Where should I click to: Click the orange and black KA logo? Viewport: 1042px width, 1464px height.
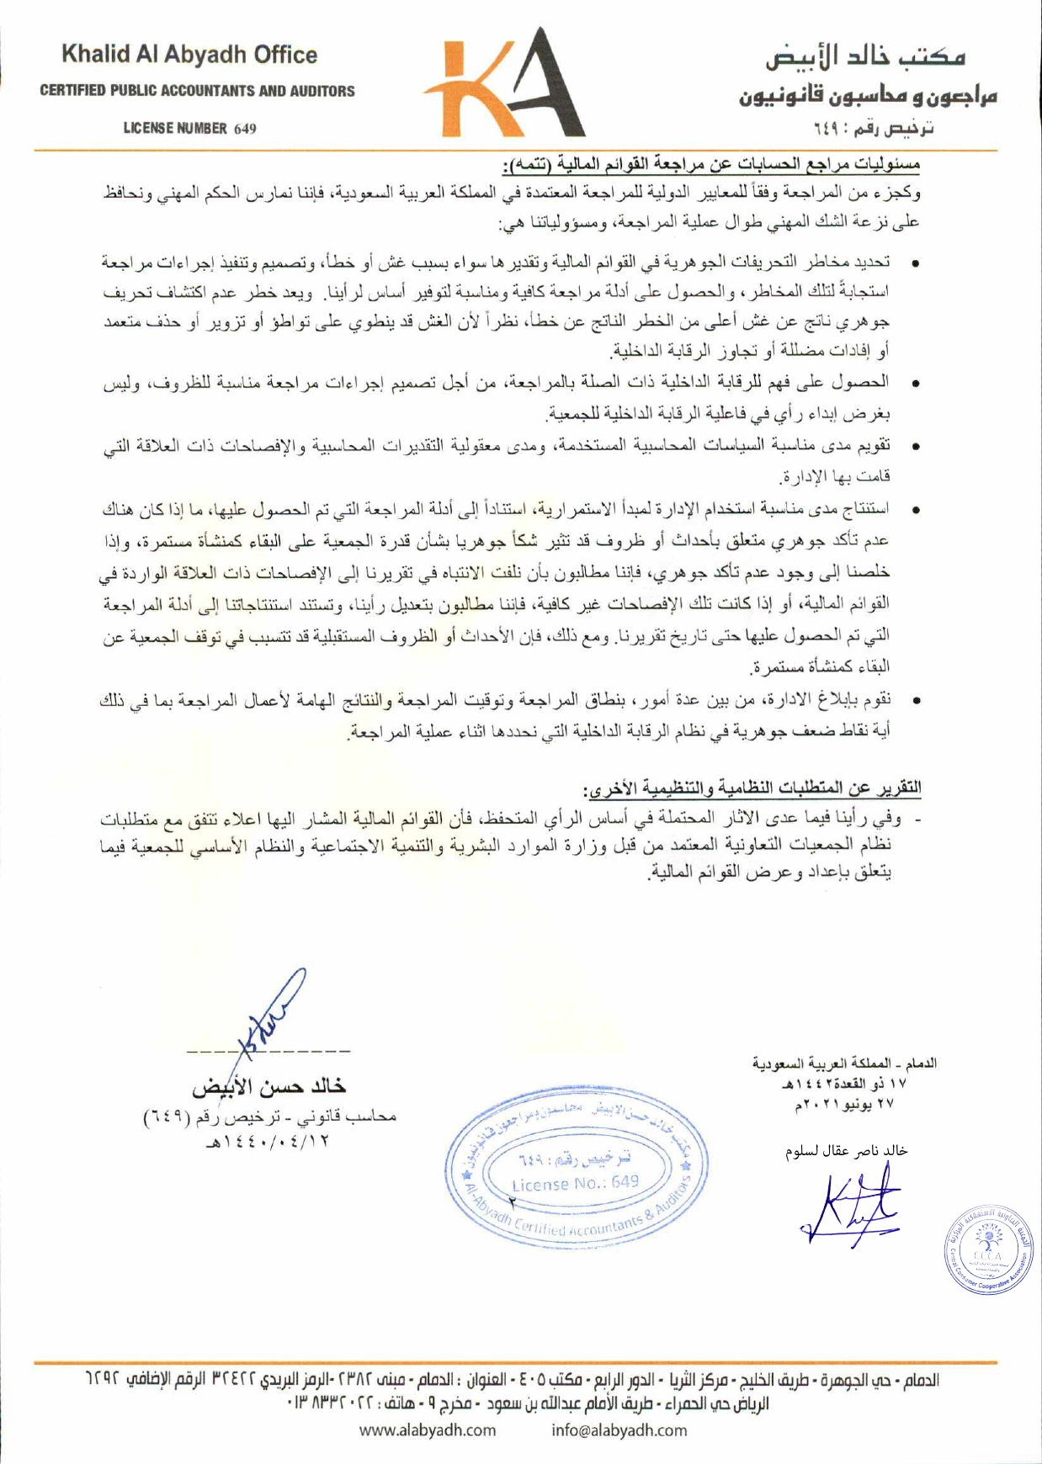(x=505, y=84)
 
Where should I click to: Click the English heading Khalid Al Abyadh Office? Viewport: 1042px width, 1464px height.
(x=189, y=56)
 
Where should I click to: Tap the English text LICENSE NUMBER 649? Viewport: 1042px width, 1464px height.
(x=189, y=129)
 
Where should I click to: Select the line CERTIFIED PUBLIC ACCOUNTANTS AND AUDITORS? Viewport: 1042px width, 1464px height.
(x=197, y=91)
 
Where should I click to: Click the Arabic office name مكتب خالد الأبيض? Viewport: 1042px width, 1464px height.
(x=864, y=57)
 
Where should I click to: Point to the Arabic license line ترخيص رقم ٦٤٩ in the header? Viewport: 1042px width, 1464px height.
(x=874, y=129)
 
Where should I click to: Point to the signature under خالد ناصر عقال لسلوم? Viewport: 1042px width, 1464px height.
(x=850, y=1209)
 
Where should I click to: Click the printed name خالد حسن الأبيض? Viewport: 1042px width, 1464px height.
(x=268, y=1086)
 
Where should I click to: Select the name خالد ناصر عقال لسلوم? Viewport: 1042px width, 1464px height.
(x=846, y=1151)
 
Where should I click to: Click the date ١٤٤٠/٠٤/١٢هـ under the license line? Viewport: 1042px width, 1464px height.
(x=268, y=1142)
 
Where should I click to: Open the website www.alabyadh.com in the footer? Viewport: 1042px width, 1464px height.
(x=428, y=1430)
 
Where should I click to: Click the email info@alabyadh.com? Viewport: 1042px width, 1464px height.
(x=619, y=1430)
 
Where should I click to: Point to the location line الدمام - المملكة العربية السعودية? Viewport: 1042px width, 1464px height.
(x=844, y=1064)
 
